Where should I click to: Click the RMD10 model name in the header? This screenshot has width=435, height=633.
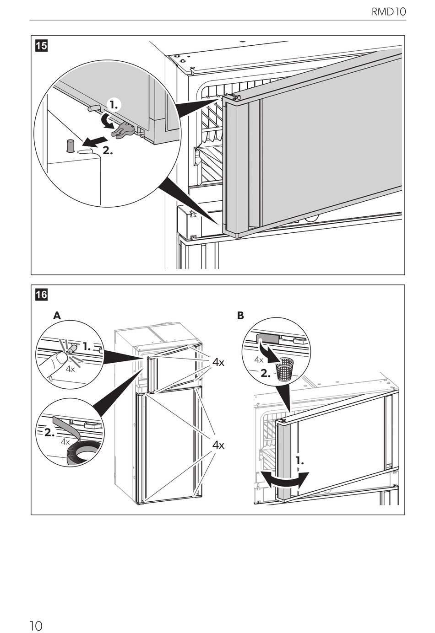click(x=389, y=11)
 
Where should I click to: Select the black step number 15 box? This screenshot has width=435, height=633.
click(x=41, y=46)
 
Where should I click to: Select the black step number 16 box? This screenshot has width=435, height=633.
click(x=41, y=295)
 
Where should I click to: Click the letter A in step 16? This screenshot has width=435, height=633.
click(x=57, y=316)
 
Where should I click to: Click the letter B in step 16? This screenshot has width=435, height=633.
click(x=240, y=316)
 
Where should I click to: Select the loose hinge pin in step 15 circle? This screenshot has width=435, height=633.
click(x=69, y=145)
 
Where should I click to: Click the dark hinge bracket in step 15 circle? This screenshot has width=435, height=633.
click(x=123, y=130)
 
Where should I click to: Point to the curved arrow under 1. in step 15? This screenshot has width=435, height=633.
click(x=109, y=121)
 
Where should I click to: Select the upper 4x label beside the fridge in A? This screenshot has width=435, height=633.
click(x=218, y=362)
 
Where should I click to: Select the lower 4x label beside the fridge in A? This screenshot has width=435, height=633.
click(x=218, y=445)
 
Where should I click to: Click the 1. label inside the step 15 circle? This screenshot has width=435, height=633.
click(x=114, y=105)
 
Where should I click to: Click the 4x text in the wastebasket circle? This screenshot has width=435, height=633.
click(x=259, y=360)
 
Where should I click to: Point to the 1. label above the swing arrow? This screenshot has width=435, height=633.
click(x=299, y=461)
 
